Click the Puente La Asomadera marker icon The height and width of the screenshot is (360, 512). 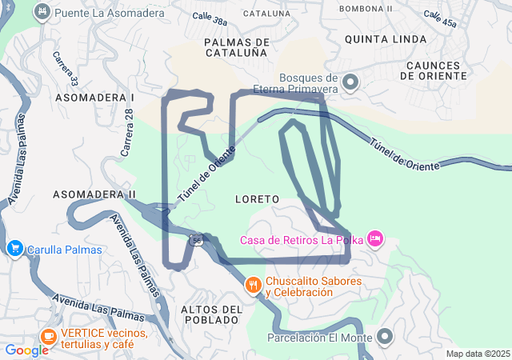[x=43, y=12]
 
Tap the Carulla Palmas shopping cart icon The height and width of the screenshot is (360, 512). [x=14, y=249]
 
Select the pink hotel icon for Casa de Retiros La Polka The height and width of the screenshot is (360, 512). [x=375, y=238]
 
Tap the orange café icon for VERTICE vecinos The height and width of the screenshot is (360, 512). [x=48, y=337]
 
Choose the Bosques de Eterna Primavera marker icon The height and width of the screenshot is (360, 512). [x=350, y=82]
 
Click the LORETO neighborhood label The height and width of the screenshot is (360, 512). [x=257, y=198]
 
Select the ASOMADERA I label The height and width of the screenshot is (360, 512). [x=94, y=97]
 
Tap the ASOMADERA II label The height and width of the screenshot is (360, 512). [x=94, y=194]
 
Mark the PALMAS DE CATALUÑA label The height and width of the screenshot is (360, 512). [x=235, y=47]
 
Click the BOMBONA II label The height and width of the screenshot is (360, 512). [x=366, y=9]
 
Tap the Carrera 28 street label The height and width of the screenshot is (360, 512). [x=127, y=130]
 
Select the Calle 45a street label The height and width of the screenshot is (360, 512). [x=441, y=19]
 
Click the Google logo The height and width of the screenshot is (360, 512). [x=26, y=350]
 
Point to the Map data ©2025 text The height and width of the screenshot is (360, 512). [x=477, y=354]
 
